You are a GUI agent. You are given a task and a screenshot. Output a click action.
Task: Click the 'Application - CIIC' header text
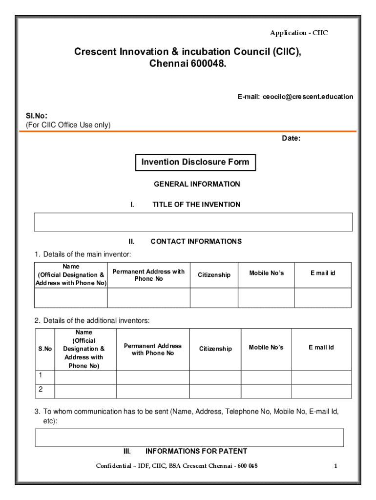pyautogui.click(x=299, y=33)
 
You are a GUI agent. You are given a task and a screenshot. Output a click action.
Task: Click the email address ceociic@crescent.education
pyautogui.click(x=308, y=97)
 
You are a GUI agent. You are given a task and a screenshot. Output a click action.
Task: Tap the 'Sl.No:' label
pyautogui.click(x=37, y=116)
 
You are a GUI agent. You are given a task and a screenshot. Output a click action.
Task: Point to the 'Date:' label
pyautogui.click(x=291, y=138)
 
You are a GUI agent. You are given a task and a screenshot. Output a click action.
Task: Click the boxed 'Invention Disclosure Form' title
pyautogui.click(x=195, y=162)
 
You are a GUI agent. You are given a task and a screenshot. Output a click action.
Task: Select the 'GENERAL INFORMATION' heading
pyautogui.click(x=197, y=184)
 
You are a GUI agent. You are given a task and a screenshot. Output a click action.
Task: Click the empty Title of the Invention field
pyautogui.click(x=193, y=222)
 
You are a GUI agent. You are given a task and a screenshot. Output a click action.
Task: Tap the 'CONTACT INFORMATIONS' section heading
pyautogui.click(x=196, y=241)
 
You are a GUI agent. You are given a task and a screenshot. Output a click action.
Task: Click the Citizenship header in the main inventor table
pyautogui.click(x=214, y=275)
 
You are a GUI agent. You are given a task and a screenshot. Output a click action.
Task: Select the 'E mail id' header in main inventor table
pyautogui.click(x=323, y=273)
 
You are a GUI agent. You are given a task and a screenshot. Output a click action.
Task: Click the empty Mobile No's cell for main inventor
pyautogui.click(x=266, y=298)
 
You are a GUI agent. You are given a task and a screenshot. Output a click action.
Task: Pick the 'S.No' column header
pyautogui.click(x=45, y=349)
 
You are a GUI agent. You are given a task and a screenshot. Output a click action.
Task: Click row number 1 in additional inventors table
pyautogui.click(x=41, y=375)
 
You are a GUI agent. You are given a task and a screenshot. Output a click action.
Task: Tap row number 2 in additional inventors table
pyautogui.click(x=41, y=390)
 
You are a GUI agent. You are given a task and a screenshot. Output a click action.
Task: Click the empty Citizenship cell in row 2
pyautogui.click(x=215, y=392)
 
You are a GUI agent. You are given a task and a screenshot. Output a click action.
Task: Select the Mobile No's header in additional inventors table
pyautogui.click(x=266, y=347)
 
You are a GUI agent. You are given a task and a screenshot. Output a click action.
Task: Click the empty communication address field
pyautogui.click(x=189, y=437)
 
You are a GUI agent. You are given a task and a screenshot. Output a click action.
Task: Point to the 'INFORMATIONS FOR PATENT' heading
pyautogui.click(x=196, y=451)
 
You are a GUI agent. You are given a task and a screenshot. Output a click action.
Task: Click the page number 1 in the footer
pyautogui.click(x=335, y=466)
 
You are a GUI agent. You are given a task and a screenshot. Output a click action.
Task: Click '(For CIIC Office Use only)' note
pyautogui.click(x=68, y=125)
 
